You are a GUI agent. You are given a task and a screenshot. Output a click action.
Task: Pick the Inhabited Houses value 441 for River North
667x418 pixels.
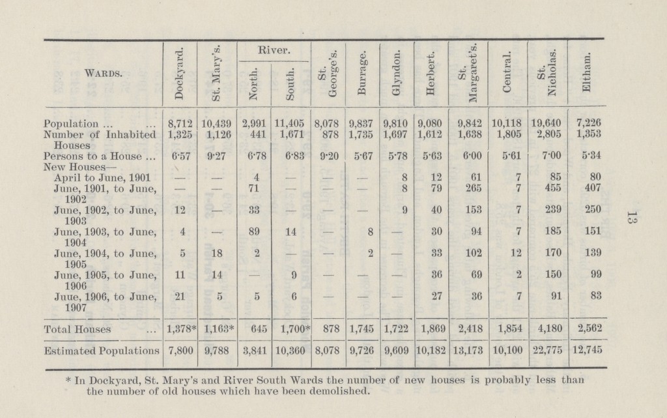258,132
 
